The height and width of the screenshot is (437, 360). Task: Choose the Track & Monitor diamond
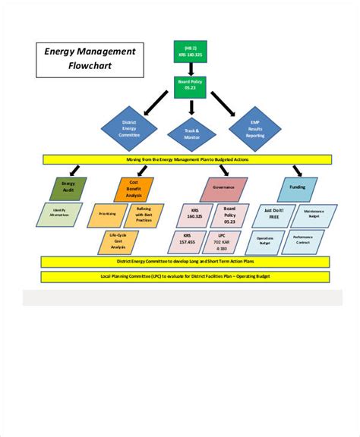click(x=191, y=134)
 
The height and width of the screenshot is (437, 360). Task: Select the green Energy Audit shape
click(x=68, y=189)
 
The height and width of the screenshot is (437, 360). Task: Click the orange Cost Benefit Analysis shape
click(x=134, y=189)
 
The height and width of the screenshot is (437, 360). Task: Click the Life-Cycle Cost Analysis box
click(x=118, y=243)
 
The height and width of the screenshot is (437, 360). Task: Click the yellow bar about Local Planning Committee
click(x=185, y=276)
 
